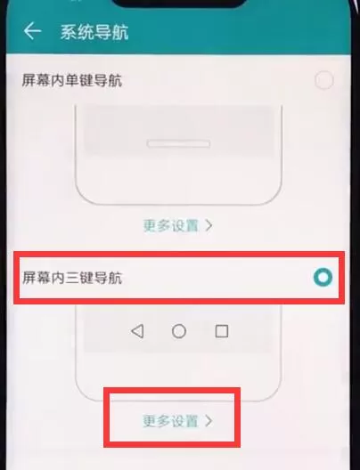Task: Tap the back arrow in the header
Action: click(x=32, y=31)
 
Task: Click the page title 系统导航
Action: click(x=94, y=32)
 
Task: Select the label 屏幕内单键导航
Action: click(x=72, y=80)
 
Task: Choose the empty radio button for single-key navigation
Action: click(x=324, y=80)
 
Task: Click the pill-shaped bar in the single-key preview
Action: click(x=178, y=144)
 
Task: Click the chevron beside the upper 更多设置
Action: click(x=209, y=225)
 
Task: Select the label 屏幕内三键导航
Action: click(x=72, y=278)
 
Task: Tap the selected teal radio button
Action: click(x=323, y=277)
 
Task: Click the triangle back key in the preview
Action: click(x=137, y=331)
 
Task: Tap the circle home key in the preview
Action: click(x=179, y=331)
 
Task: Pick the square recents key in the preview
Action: click(x=222, y=331)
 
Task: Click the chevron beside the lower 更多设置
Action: click(x=209, y=421)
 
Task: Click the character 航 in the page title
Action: click(x=120, y=32)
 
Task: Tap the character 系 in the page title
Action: click(x=69, y=32)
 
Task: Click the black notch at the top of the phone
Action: click(x=180, y=3)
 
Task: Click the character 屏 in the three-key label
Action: click(x=29, y=278)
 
